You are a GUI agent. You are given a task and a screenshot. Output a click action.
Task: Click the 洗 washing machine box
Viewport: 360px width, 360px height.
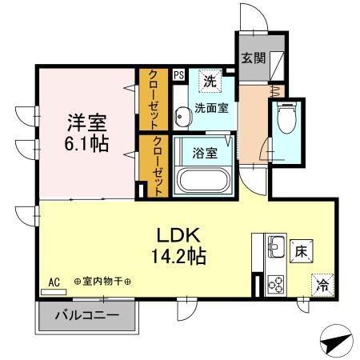210,80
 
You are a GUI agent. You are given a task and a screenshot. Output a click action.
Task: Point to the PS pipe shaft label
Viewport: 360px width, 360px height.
178,74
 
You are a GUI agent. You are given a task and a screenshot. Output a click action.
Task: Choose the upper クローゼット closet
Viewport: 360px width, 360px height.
151,98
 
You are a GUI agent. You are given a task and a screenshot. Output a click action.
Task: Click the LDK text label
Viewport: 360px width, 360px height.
187,236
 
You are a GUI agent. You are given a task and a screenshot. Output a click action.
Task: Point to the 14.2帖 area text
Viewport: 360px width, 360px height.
187,258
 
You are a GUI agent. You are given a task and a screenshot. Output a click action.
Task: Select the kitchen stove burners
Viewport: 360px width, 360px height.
275,282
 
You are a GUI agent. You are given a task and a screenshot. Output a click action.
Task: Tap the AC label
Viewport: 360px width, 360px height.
54,282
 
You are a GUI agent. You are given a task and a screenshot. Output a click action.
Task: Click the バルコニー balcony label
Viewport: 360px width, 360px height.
87,315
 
